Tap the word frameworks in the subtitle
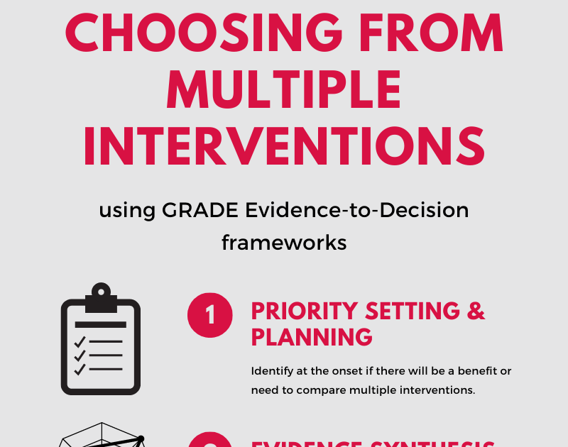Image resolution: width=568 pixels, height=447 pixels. pyautogui.click(x=284, y=243)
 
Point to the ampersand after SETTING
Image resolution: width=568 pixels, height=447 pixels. pyautogui.click(x=476, y=311)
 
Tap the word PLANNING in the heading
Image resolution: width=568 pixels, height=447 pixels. pyautogui.click(x=312, y=336)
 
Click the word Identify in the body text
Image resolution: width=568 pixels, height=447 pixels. pyautogui.click(x=271, y=371)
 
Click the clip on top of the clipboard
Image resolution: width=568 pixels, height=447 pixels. pyautogui.click(x=101, y=293)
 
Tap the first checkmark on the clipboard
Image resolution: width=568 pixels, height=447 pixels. pyautogui.click(x=80, y=343)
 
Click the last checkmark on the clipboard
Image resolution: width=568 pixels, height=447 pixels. pyautogui.click(x=80, y=369)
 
